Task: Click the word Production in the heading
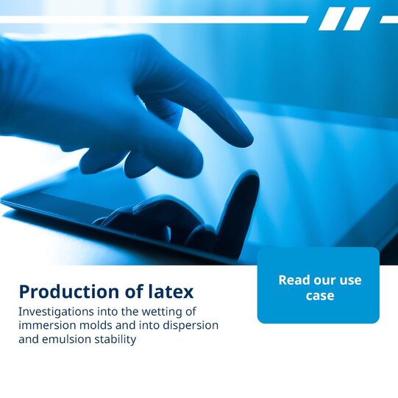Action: click(x=69, y=291)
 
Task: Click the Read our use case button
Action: click(x=319, y=285)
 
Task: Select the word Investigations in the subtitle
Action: click(x=56, y=312)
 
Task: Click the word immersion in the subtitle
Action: click(x=48, y=325)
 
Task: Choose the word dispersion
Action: click(x=191, y=326)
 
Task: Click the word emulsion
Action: click(x=67, y=339)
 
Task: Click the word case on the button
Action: click(x=320, y=296)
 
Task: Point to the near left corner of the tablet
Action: click(x=1, y=201)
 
